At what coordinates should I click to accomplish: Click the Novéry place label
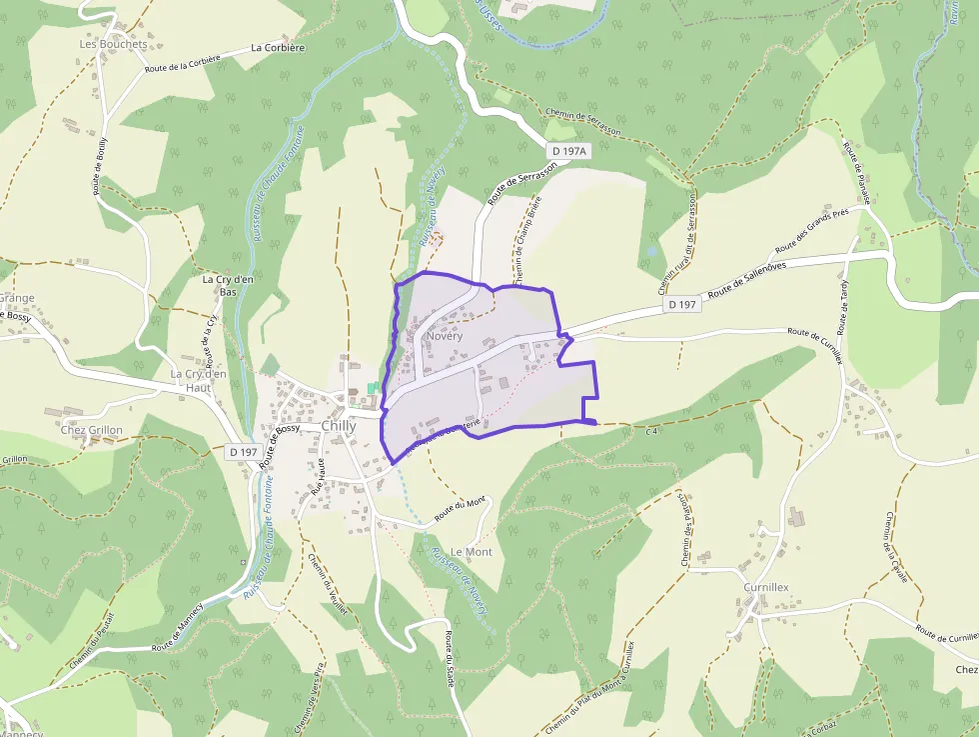445,337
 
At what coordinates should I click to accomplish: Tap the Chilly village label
339,425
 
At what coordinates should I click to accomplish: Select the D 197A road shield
570,151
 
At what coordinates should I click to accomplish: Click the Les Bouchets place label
113,44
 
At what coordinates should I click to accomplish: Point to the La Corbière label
278,47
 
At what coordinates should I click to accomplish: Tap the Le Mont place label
472,551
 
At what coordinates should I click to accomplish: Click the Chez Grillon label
91,430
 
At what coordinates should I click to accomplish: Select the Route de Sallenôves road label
747,280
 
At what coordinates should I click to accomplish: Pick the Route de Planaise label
857,173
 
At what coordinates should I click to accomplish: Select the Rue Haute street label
319,478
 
